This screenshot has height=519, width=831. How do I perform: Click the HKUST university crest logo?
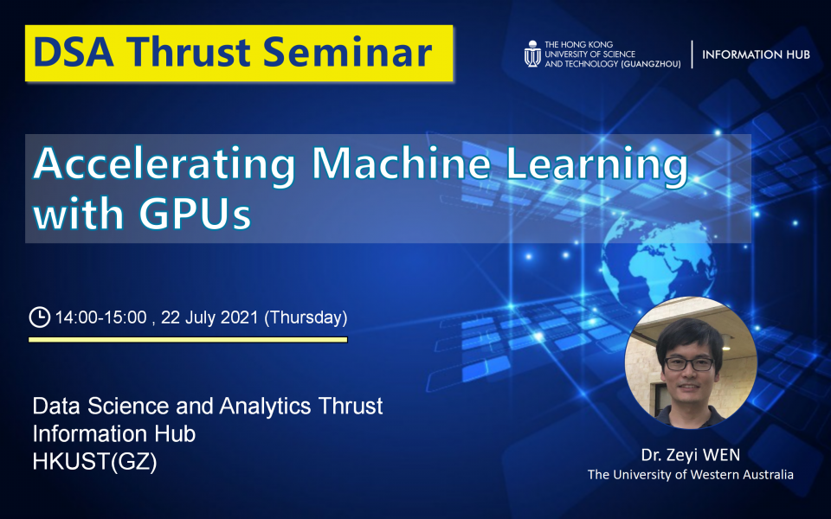[x=531, y=54]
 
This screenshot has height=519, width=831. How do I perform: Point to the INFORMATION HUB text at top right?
[x=756, y=54]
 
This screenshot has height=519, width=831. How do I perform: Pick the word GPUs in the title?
[x=196, y=214]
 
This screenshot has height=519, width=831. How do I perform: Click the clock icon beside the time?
[x=39, y=317]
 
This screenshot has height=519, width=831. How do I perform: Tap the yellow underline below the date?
[x=188, y=340]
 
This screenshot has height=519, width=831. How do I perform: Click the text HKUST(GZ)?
[x=94, y=462]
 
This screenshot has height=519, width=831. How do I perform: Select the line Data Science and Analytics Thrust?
[x=207, y=406]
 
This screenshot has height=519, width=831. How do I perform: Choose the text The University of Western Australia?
[x=690, y=475]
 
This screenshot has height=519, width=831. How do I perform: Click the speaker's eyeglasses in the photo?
[x=690, y=363]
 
